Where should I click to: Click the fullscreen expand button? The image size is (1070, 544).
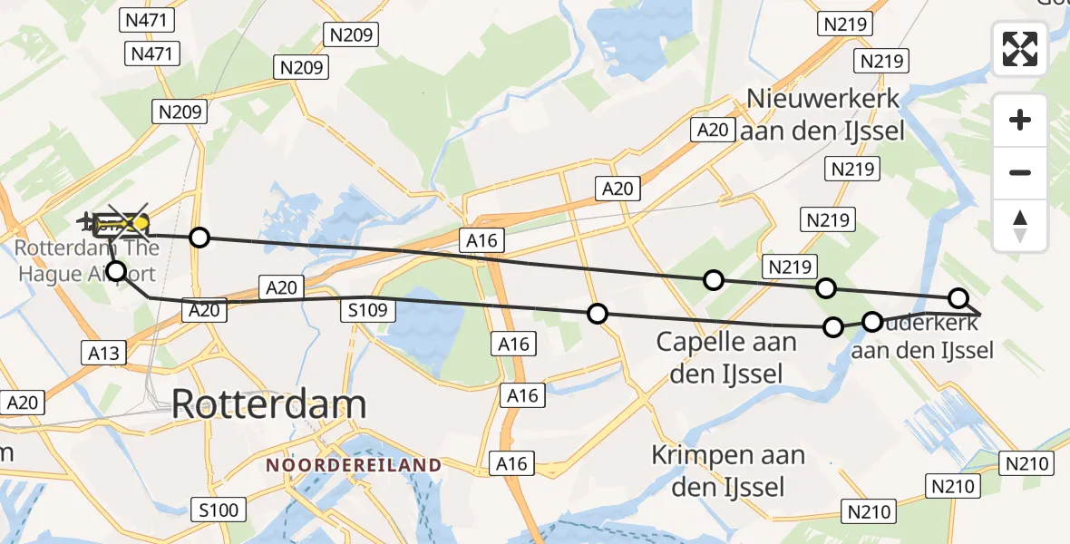(1020, 49)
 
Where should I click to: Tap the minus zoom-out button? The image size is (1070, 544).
(1020, 172)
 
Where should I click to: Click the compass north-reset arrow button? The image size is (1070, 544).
(1020, 225)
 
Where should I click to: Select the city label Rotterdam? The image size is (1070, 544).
(268, 403)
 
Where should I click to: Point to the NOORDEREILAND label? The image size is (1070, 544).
(354, 465)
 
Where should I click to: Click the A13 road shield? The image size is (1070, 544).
(104, 353)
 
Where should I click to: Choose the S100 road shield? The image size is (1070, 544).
(218, 510)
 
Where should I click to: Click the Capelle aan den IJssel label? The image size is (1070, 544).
(726, 357)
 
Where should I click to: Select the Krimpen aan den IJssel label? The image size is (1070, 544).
(729, 471)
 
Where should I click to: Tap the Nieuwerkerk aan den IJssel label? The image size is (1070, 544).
(822, 114)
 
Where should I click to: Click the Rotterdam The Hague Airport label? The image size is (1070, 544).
(87, 260)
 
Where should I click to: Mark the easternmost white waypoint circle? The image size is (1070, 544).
(958, 298)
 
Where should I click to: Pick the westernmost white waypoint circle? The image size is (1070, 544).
(116, 270)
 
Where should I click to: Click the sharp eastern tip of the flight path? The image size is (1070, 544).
(980, 313)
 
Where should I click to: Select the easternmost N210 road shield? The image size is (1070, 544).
(1027, 464)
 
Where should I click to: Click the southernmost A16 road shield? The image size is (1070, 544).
(511, 464)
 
